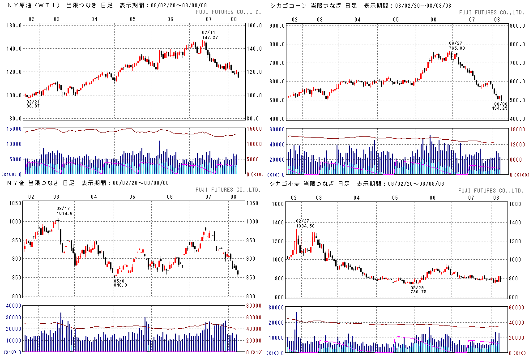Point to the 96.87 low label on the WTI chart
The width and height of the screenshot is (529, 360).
(33, 106)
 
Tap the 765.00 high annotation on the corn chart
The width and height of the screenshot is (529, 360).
(457, 48)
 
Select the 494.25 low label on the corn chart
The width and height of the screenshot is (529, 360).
(499, 108)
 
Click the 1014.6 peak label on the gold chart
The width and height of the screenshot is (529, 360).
(65, 214)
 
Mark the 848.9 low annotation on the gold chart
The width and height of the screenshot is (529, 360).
(120, 285)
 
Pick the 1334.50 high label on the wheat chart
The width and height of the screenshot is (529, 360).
(306, 226)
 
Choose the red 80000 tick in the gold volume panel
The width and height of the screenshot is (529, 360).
(255, 306)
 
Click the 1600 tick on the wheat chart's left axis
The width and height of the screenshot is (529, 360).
(278, 204)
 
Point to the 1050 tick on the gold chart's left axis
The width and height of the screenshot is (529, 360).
(15, 203)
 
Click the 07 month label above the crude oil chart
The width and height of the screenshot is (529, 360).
(209, 20)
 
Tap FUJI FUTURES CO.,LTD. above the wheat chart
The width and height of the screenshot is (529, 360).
(491, 191)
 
